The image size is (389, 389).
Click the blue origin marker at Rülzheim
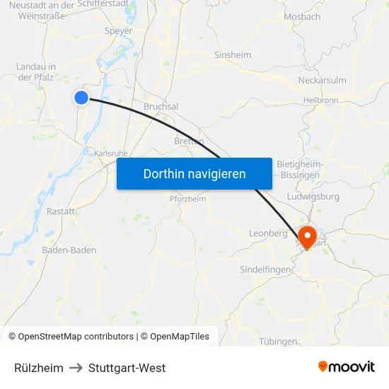click(x=81, y=98)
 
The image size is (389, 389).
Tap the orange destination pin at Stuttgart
click(x=308, y=236)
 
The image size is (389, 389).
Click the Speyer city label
click(x=118, y=31)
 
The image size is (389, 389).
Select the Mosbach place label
click(x=301, y=16)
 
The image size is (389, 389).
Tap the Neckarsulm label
click(x=322, y=80)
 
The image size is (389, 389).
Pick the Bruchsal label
click(x=161, y=106)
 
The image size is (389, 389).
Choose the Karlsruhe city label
click(x=110, y=152)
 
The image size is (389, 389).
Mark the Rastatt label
click(x=61, y=211)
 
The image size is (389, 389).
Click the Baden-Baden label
click(x=69, y=250)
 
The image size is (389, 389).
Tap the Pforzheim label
click(x=187, y=199)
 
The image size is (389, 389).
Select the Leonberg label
click(x=268, y=233)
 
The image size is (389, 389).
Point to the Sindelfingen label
click(x=266, y=269)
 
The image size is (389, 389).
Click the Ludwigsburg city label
click(x=314, y=197)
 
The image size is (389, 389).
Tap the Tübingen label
click(x=278, y=341)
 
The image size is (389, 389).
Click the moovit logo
click(x=346, y=367)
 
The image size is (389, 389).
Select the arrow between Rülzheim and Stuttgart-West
click(x=76, y=368)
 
